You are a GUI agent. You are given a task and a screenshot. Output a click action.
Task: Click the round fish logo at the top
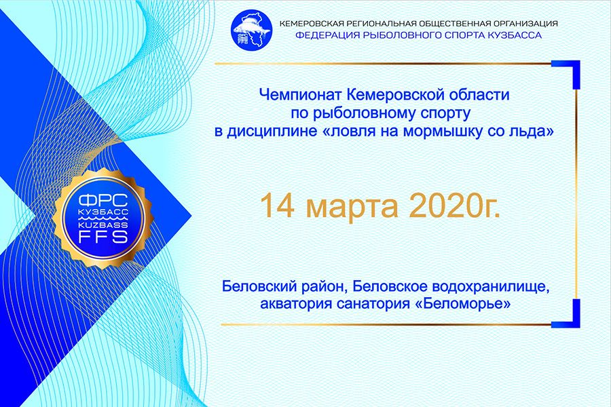(x=251, y=30)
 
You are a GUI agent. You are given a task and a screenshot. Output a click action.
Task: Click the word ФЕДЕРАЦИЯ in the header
(x=327, y=35)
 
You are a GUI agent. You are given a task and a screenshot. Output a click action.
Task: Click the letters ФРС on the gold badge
(x=103, y=201)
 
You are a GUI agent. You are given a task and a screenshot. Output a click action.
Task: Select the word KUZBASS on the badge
(x=103, y=225)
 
